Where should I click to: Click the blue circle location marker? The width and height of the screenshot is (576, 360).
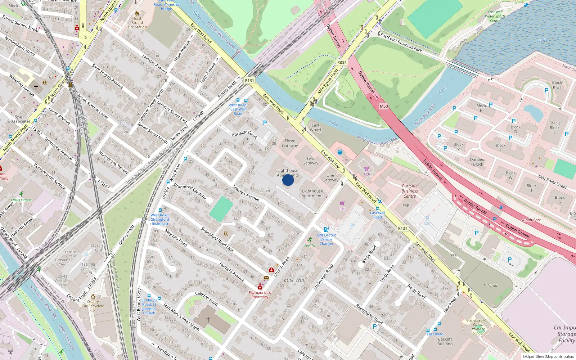pos(288,180)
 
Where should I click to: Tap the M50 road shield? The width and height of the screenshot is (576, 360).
pos(384,106)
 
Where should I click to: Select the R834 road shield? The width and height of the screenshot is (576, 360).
pos(342,63)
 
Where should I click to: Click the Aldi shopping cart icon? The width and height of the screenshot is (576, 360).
pos(366,169)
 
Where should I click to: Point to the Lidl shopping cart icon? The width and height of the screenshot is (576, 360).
pos(342,203)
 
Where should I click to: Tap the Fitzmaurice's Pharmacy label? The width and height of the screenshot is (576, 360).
pos(260,295)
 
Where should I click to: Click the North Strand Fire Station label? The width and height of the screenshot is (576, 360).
pos(137,23)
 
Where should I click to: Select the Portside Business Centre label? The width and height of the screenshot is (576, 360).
pos(410,191)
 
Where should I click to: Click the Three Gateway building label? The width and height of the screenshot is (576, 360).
pos(290,143)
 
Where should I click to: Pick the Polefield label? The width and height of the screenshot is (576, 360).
pos(490,285)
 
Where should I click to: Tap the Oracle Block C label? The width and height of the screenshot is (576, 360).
pos(554,127)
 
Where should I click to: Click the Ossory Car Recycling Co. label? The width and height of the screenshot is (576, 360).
pos(93,306)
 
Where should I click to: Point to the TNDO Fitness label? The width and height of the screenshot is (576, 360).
pos(21,200)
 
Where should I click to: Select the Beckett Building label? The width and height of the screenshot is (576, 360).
pos(445,341)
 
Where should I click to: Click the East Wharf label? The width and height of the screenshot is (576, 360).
pos(315,127)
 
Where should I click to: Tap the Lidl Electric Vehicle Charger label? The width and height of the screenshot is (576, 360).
pos(326,239)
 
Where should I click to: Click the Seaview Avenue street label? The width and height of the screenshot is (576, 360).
pos(246,193)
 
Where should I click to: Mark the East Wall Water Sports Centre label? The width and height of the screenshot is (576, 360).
pos(495,16)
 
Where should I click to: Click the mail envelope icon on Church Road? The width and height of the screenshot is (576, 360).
pos(266,278)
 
